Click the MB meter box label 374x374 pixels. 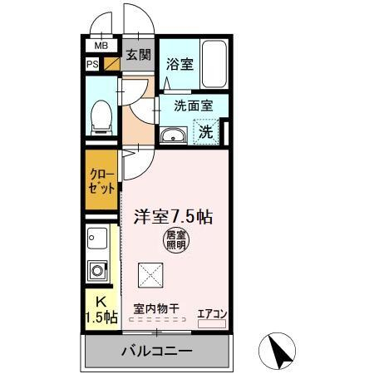pos(101,46)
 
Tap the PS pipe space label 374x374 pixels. pos(92,64)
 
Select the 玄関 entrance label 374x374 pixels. pos(139,55)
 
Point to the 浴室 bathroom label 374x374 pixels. pos(180,64)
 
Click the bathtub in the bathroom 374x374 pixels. pos(214,64)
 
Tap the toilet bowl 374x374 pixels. pos(101,117)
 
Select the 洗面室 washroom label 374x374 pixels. pos(194,106)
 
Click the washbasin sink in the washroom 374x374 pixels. pos(174,135)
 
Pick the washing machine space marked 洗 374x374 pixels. pos(206,131)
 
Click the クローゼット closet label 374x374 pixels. pos(101,181)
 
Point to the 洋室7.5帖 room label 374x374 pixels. pos(173,217)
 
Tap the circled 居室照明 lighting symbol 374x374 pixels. pos(175,240)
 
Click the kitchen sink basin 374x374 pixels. pos(97,239)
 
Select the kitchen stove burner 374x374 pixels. pos(97,271)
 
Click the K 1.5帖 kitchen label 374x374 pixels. pos(101,310)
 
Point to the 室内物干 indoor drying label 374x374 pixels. pos(156,308)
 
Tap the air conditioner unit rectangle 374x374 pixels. pos(212,324)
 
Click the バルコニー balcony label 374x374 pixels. pos(157,352)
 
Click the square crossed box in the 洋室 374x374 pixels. pos(150,275)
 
